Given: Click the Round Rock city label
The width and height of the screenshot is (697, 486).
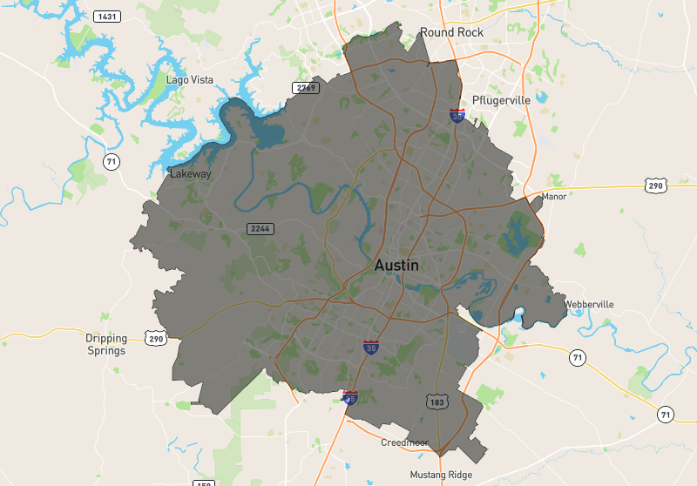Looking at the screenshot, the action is tap(450, 32).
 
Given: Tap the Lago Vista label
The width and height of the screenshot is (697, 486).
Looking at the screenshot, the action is tap(190, 80).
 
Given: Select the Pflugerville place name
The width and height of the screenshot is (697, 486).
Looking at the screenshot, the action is tap(501, 100).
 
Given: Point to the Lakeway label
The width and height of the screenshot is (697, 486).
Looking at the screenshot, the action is tap(191, 173).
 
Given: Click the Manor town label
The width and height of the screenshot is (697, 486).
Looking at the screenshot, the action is tap(554, 196).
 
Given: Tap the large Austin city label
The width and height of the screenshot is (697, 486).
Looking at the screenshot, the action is tap(396, 265).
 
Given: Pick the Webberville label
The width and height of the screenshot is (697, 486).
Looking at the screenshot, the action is tap(589, 304).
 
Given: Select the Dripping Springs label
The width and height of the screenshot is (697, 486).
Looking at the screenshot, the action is tap(106, 344).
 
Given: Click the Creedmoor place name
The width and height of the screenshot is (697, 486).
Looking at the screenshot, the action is tap(404, 442).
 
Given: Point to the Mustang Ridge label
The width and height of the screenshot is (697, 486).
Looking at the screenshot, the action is tap(441, 475).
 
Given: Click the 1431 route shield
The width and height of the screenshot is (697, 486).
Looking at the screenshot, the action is tap(107, 17).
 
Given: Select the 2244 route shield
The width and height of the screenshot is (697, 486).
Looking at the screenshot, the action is tap(261, 228).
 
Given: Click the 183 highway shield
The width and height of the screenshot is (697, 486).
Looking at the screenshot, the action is tap(436, 402).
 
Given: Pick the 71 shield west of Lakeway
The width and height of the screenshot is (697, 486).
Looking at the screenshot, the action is tap(111, 161).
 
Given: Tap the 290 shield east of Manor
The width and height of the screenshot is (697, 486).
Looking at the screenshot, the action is tap(657, 185).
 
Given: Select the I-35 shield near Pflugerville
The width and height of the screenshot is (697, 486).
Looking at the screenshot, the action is tap(457, 115).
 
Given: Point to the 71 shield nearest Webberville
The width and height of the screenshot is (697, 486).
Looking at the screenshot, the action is tap(577, 357).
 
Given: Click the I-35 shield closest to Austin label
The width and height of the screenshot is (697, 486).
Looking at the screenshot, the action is tap(371, 348).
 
